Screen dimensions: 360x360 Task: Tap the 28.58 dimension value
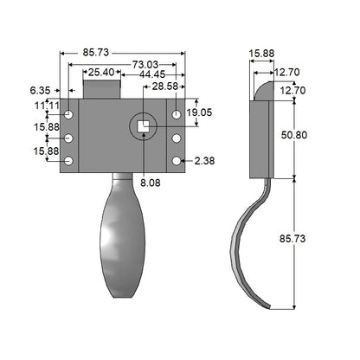pos(164,87)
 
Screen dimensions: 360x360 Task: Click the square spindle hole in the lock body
pos(144,126)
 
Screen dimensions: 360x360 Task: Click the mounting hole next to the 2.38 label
pos(177,161)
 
